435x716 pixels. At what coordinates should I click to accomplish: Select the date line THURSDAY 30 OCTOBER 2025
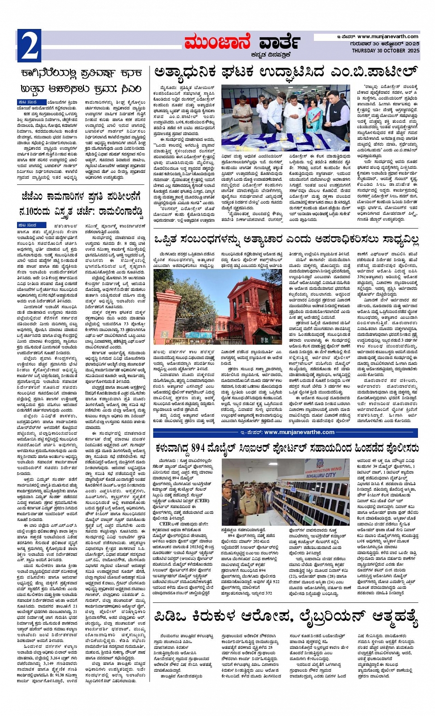(385, 50)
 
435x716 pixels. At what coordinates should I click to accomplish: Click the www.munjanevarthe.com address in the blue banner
(299, 432)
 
